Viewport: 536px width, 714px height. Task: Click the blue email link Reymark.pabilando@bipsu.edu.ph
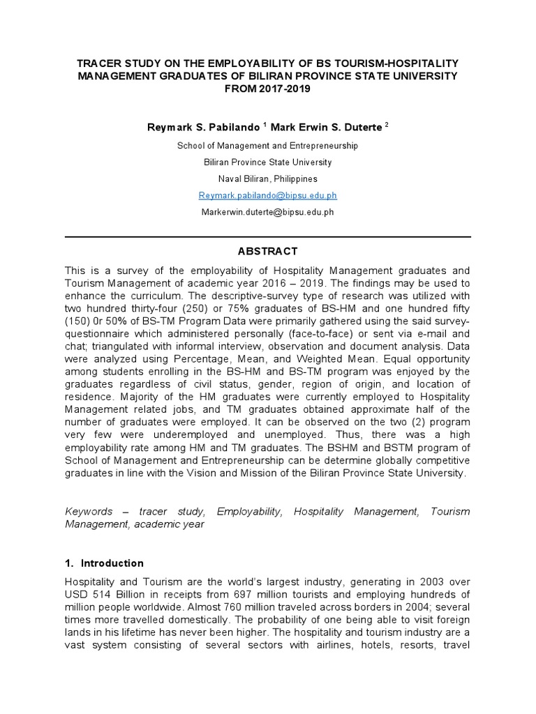click(267, 195)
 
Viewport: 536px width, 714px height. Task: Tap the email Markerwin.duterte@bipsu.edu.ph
click(267, 212)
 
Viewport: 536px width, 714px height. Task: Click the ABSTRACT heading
click(267, 251)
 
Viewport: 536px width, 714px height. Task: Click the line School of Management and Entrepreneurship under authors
click(267, 146)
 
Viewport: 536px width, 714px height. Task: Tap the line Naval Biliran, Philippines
click(267, 178)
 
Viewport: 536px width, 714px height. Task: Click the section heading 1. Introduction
click(104, 563)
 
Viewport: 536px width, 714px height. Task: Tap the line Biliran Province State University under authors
click(267, 162)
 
